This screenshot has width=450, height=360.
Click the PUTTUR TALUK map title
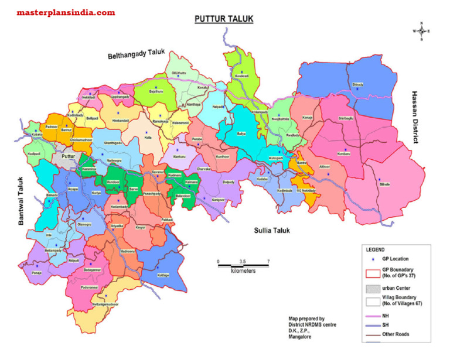point(224,19)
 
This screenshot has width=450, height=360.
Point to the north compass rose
point(422,30)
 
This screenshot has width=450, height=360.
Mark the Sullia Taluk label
point(271,230)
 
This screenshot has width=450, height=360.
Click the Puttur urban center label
point(70,157)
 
